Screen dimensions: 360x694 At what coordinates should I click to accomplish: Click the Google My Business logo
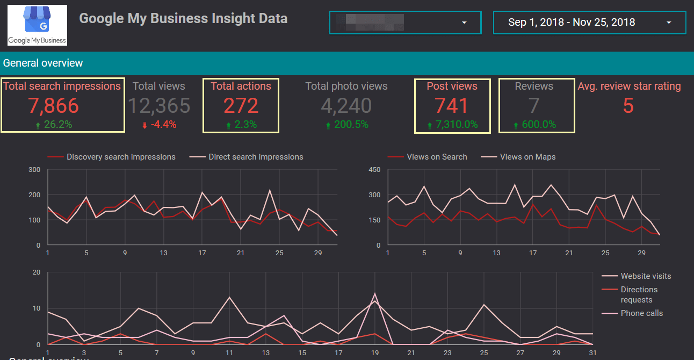[37, 25]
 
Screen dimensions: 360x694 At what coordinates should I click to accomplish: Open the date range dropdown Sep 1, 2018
[589, 23]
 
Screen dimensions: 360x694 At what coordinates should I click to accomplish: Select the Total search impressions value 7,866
[54, 106]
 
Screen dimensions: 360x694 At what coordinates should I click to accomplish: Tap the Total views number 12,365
[159, 106]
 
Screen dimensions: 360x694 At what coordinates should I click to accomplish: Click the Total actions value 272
[241, 106]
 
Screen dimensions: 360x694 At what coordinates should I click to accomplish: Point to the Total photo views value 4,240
[346, 106]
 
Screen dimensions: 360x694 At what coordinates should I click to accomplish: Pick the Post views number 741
[452, 106]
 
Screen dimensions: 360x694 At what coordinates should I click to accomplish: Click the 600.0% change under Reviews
[535, 125]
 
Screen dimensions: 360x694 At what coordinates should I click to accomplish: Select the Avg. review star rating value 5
[628, 106]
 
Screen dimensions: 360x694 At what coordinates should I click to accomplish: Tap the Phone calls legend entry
[641, 313]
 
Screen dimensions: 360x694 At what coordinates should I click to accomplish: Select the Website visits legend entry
[645, 276]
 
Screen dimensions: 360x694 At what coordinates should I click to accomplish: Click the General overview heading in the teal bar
[43, 63]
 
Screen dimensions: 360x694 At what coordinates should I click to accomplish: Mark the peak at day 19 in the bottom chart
[375, 294]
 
